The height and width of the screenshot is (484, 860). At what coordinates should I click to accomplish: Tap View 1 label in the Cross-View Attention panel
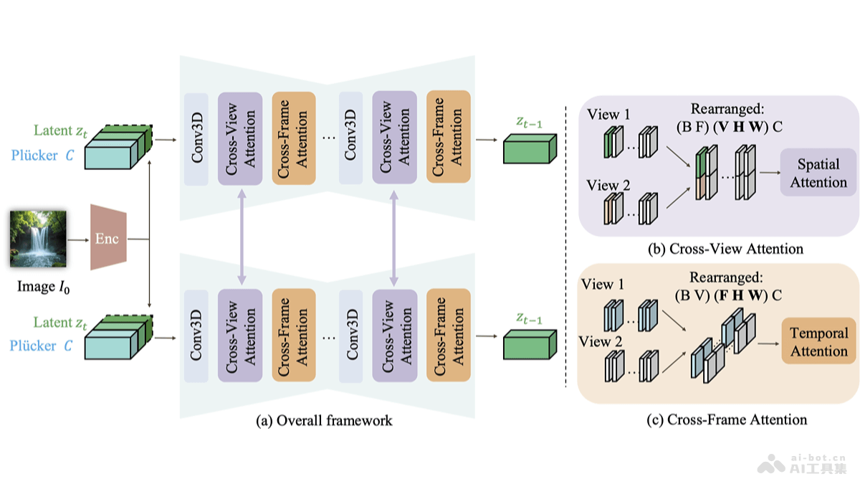[x=608, y=115]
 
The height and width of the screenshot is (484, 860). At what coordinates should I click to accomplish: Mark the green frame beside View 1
[x=610, y=141]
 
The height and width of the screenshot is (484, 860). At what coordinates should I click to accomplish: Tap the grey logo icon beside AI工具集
[x=773, y=463]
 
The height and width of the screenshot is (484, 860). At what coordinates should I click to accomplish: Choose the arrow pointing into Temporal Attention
[x=768, y=342]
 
